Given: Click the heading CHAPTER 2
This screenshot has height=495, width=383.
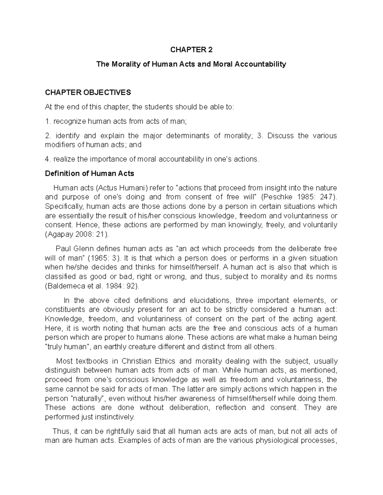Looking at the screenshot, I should pyautogui.click(x=191, y=50).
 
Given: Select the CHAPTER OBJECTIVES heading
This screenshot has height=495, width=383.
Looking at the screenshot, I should pyautogui.click(x=88, y=92).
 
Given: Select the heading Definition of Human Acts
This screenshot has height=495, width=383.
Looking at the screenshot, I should pyautogui.click(x=89, y=174).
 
